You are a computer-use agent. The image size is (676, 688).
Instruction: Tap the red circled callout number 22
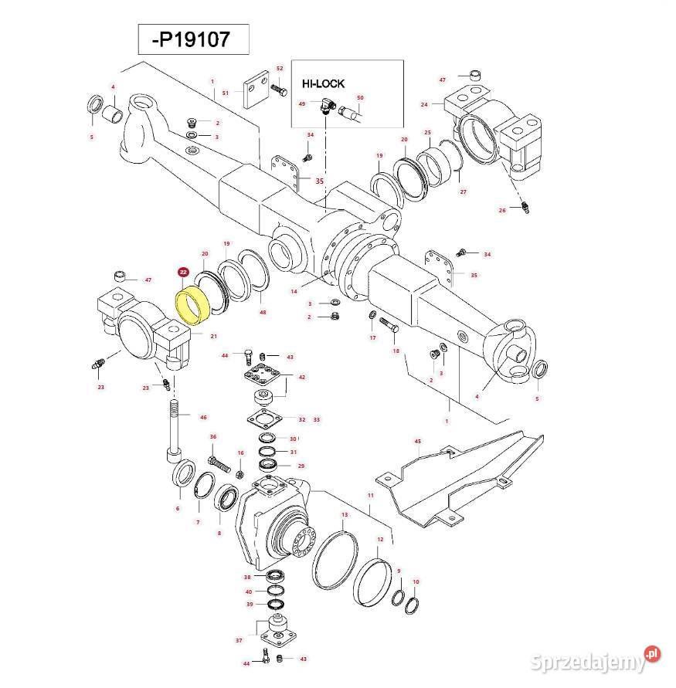tap(183, 273)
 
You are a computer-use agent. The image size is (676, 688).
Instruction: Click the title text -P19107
tap(193, 39)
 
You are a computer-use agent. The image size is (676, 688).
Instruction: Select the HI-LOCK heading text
tap(322, 83)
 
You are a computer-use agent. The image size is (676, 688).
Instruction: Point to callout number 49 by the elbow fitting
tap(302, 103)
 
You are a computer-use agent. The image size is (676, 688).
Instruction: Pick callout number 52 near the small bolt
tap(280, 69)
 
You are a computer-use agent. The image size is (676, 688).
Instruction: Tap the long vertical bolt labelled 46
tap(172, 429)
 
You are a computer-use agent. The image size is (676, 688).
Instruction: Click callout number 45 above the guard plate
tap(417, 442)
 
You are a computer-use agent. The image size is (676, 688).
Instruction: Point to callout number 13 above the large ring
tap(344, 514)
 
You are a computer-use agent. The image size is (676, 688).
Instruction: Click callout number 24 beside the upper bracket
tap(424, 104)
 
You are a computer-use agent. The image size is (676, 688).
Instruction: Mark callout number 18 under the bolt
tap(397, 351)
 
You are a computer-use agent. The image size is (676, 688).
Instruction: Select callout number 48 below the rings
tap(263, 312)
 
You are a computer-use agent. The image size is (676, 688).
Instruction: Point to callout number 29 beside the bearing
tap(301, 466)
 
